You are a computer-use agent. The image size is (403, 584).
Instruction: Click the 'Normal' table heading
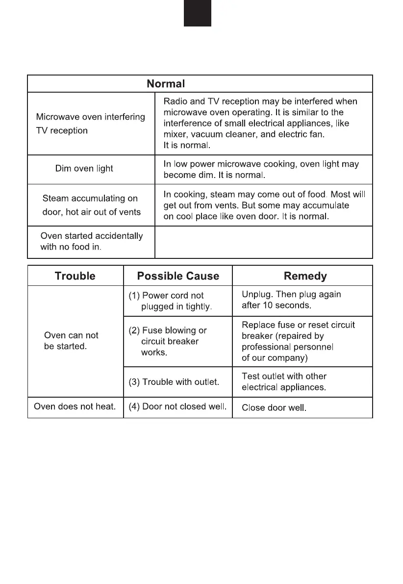[166, 84]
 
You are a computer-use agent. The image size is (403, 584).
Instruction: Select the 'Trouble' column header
[75, 276]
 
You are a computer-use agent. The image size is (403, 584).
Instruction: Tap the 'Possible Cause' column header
[178, 276]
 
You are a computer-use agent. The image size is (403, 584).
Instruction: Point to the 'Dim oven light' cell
[84, 169]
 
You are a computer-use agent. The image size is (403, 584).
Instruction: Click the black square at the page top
[198, 13]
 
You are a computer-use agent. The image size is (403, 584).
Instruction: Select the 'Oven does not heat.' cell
[75, 406]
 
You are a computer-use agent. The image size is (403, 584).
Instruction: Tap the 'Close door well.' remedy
[274, 408]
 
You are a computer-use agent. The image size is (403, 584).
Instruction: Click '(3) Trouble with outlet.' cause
[174, 382]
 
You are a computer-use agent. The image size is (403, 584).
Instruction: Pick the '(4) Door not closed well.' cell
[177, 406]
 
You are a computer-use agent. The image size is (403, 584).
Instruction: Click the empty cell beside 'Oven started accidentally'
[263, 242]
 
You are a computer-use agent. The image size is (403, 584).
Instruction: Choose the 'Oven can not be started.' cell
[71, 341]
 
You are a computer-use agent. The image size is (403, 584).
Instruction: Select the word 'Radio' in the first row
[174, 102]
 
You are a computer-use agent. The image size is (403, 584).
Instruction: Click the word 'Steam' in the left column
[55, 199]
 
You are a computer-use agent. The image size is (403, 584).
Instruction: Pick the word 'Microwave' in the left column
[56, 117]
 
